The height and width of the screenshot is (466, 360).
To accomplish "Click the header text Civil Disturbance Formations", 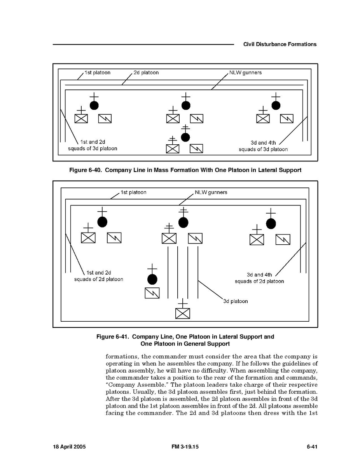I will tap(280, 44).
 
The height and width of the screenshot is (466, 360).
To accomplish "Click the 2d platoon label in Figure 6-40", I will tap(146, 73).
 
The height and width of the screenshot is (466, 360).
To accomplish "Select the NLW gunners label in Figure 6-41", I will tap(211, 193).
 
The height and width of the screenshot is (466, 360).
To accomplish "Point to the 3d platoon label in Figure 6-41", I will tap(235, 301).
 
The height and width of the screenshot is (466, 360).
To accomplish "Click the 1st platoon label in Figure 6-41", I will tap(133, 193).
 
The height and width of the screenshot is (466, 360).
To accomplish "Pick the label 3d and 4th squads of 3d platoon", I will tap(263, 146).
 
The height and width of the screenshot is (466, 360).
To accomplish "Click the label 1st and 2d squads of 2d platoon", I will tap(98, 276).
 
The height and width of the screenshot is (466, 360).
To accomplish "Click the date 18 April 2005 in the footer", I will tap(69, 447).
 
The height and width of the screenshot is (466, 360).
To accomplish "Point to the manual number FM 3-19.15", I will tap(185, 447).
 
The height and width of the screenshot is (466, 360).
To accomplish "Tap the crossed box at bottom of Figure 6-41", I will tap(183, 313).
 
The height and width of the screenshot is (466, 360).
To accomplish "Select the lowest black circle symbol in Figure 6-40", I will tap(185, 137).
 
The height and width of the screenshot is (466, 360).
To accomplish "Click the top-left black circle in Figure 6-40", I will tap(94, 105).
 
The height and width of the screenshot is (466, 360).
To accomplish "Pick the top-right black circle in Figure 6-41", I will tap(271, 224).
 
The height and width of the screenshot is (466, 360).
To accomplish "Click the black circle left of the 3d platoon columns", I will tap(152, 279).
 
